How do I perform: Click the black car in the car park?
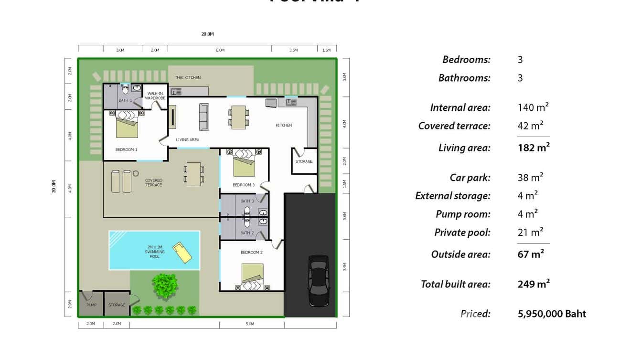pos(318,281)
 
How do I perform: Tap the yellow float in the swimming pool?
pos(182,253)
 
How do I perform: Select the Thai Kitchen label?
pos(187,77)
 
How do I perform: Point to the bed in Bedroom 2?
pos(252,276)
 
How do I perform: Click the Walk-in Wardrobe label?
pos(155,95)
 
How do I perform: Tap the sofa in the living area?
pos(204,117)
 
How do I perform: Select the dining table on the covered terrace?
pos(194,174)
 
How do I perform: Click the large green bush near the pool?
pos(165,286)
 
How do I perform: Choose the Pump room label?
pos(91,305)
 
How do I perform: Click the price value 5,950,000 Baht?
pos(552,314)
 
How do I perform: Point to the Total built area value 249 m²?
pos(533,284)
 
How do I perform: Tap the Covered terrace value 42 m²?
pos(530,126)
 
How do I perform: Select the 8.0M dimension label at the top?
pos(220,50)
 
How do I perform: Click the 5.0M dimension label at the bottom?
pos(250,324)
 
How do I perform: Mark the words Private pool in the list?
pos(462,233)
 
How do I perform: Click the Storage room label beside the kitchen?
pos(304,161)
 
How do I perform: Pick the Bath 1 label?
pos(125,100)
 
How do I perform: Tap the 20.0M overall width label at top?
pos(207,34)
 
